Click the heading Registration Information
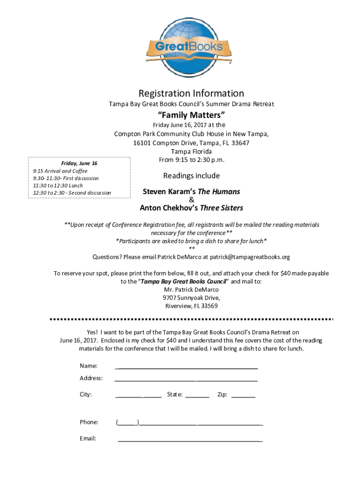(191, 94)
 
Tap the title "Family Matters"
(191, 115)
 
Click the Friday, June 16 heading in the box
(79, 163)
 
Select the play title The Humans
(219, 192)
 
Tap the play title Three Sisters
(221, 208)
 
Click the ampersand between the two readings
(191, 200)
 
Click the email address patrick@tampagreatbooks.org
(250, 257)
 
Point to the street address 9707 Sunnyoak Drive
(191, 298)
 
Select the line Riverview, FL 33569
(191, 306)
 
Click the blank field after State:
(197, 396)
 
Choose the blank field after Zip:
(243, 396)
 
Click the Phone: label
(89, 422)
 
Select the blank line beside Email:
(190, 440)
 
